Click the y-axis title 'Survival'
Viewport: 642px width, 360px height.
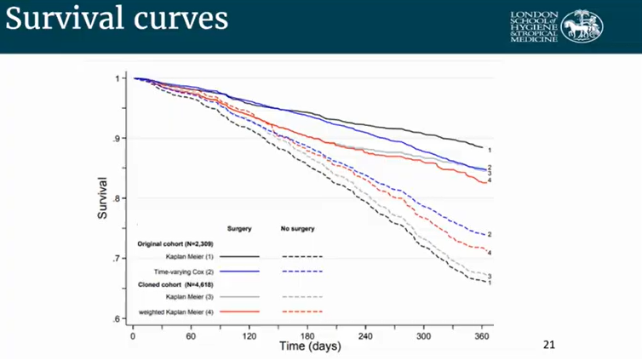tap(102, 198)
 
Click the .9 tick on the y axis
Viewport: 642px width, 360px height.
tap(119, 138)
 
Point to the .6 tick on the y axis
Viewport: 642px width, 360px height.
tap(119, 318)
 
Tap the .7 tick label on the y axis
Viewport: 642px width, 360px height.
tap(119, 259)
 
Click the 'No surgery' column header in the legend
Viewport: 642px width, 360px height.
tap(298, 229)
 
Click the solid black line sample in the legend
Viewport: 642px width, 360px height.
tap(239, 256)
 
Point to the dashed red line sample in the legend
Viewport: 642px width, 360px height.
tap(301, 311)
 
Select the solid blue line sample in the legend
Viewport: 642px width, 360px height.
tap(239, 270)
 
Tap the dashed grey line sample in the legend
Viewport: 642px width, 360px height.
tap(301, 297)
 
